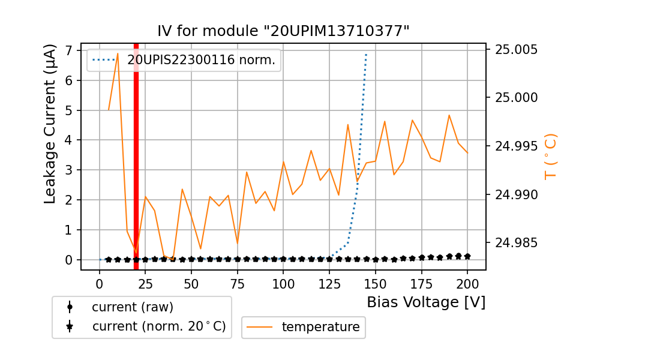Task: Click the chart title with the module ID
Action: click(283, 31)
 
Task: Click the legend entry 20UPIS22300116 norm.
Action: click(200, 60)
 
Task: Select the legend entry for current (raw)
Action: click(132, 307)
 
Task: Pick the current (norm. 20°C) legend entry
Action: click(158, 326)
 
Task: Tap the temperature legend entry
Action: click(320, 327)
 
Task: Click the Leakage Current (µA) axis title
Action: click(50, 124)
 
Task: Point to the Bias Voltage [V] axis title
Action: click(426, 302)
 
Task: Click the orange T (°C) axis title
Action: click(550, 157)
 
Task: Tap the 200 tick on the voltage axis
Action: click(467, 283)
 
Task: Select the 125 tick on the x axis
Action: click(329, 283)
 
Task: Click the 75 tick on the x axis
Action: click(238, 283)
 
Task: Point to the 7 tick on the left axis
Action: click(70, 50)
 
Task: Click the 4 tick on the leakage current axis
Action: click(70, 140)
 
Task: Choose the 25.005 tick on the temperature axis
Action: click(516, 49)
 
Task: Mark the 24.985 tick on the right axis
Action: click(516, 243)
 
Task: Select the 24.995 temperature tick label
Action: click(516, 146)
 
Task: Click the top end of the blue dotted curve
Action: click(366, 55)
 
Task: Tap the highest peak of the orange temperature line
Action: click(118, 53)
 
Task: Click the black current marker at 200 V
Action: click(467, 256)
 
